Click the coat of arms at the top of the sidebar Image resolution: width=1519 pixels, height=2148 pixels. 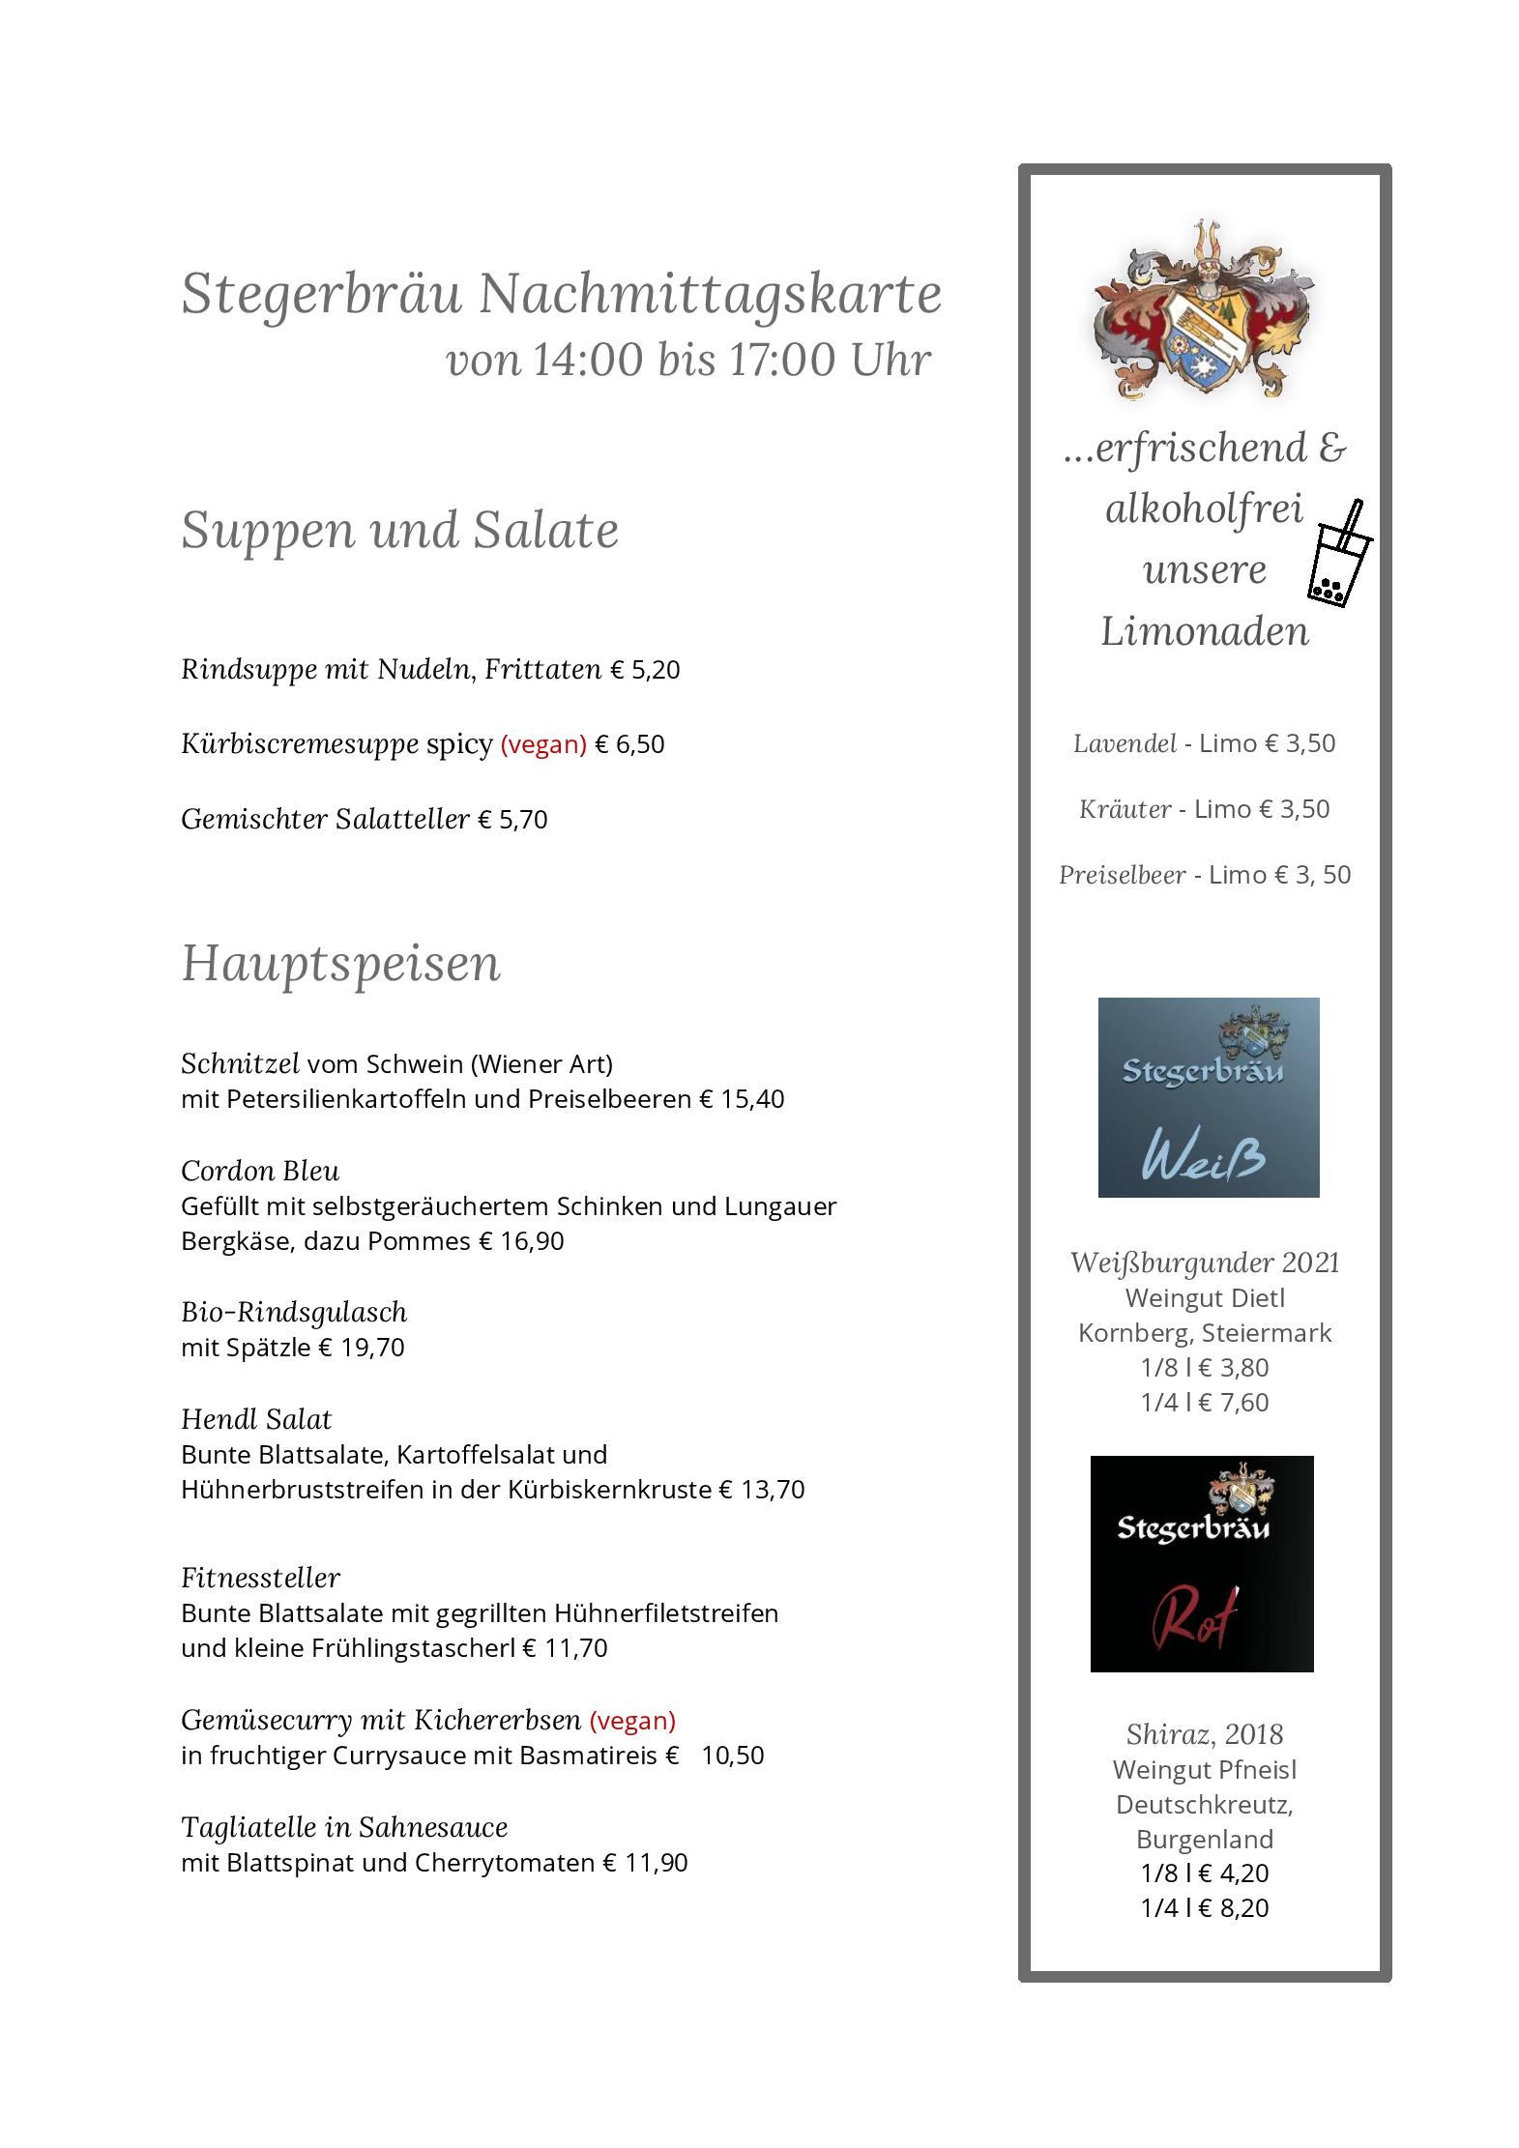[1204, 310]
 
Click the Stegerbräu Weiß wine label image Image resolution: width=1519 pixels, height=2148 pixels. [1208, 1097]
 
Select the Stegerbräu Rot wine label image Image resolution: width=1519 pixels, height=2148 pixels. [1202, 1563]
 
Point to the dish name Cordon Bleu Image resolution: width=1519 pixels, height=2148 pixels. [260, 1171]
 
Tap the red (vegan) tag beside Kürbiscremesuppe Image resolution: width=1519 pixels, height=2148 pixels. [543, 744]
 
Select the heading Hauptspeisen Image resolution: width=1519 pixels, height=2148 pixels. [340, 963]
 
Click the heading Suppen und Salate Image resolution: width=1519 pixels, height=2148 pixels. [399, 530]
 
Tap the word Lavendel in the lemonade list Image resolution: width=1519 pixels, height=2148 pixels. [1125, 743]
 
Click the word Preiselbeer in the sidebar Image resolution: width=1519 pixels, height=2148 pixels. [1122, 875]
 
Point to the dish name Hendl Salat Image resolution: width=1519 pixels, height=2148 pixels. [256, 1419]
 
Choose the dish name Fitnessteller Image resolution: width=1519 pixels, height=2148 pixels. [260, 1578]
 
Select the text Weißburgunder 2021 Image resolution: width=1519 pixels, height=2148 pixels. [1205, 1263]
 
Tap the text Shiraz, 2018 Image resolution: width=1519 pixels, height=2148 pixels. [1205, 1734]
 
